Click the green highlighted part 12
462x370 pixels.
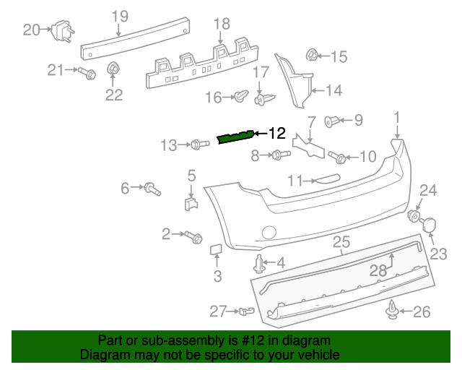pos(235,137)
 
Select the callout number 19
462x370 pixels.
pos(120,16)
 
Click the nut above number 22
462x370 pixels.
pos(113,69)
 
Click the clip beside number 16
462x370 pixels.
pos(243,95)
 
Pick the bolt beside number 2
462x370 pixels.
pos(193,236)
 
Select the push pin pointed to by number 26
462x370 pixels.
pos(392,311)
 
